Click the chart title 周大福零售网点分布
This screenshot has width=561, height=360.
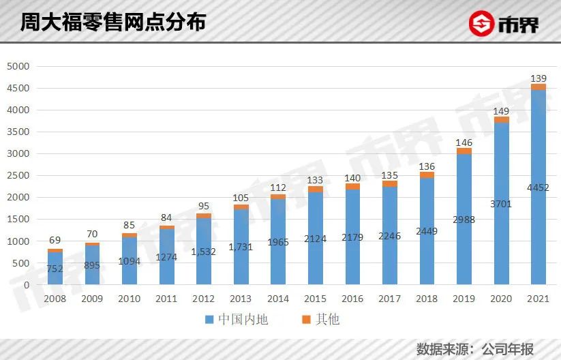pyautogui.click(x=112, y=22)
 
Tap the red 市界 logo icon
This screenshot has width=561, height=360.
pyautogui.click(x=483, y=24)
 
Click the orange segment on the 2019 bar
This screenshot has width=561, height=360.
pyautogui.click(x=464, y=151)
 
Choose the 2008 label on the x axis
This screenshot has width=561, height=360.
pyautogui.click(x=55, y=298)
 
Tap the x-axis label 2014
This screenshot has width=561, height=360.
pyautogui.click(x=277, y=298)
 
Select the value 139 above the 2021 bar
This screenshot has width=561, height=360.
pyautogui.click(x=538, y=78)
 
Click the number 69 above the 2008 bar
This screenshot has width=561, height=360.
pyautogui.click(x=55, y=241)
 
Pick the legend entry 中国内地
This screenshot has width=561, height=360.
pyautogui.click(x=236, y=319)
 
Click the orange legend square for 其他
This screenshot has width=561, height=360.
pyautogui.click(x=307, y=319)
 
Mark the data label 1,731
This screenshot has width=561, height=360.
pyautogui.click(x=241, y=246)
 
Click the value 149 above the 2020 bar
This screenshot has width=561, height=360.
pyautogui.click(x=501, y=111)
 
